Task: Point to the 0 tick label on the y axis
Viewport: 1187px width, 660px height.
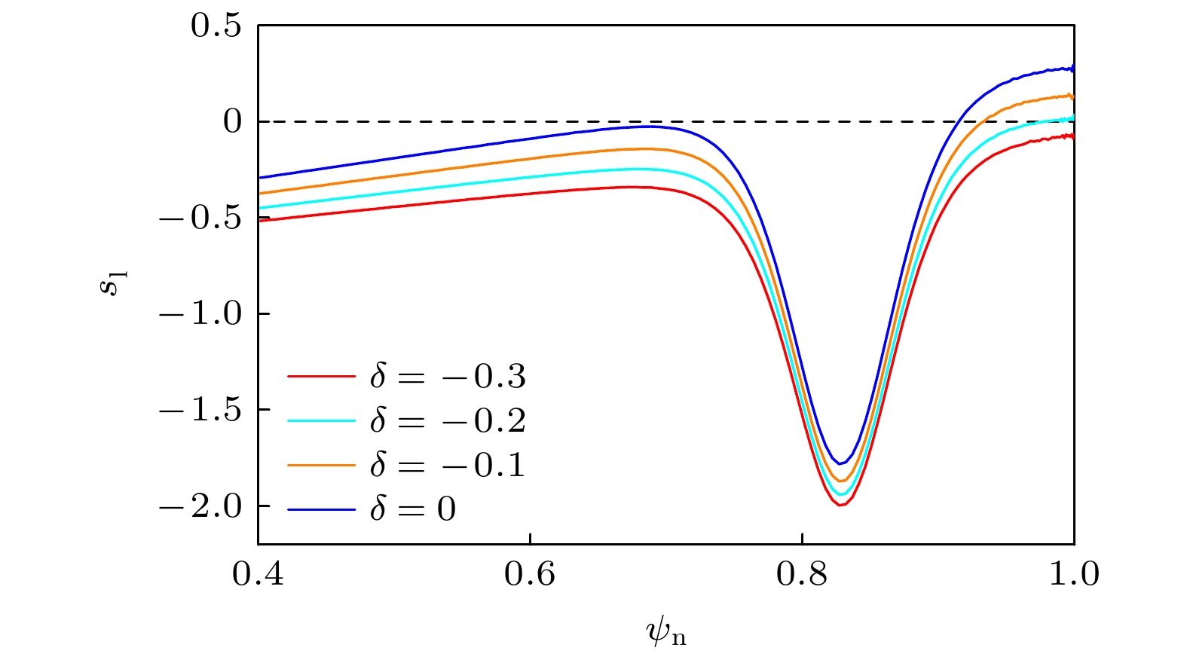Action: pos(233,121)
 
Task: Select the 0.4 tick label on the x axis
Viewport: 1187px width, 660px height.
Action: pos(258,575)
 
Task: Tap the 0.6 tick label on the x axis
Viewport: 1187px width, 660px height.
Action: pos(530,575)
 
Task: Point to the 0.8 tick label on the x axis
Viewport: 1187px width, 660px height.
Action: pos(802,575)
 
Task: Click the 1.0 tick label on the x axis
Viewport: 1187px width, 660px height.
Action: pos(1073,575)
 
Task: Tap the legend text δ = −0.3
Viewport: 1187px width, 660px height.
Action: pos(448,376)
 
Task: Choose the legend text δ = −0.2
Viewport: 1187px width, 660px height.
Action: pos(448,420)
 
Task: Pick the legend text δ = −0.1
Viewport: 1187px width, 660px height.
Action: pos(448,465)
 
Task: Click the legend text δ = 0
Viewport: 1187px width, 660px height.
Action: pos(413,509)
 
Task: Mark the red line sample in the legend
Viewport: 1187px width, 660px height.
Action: pos(321,376)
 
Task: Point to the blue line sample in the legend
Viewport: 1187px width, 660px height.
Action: pos(321,510)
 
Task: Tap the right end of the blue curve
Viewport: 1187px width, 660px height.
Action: pos(1072,69)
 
